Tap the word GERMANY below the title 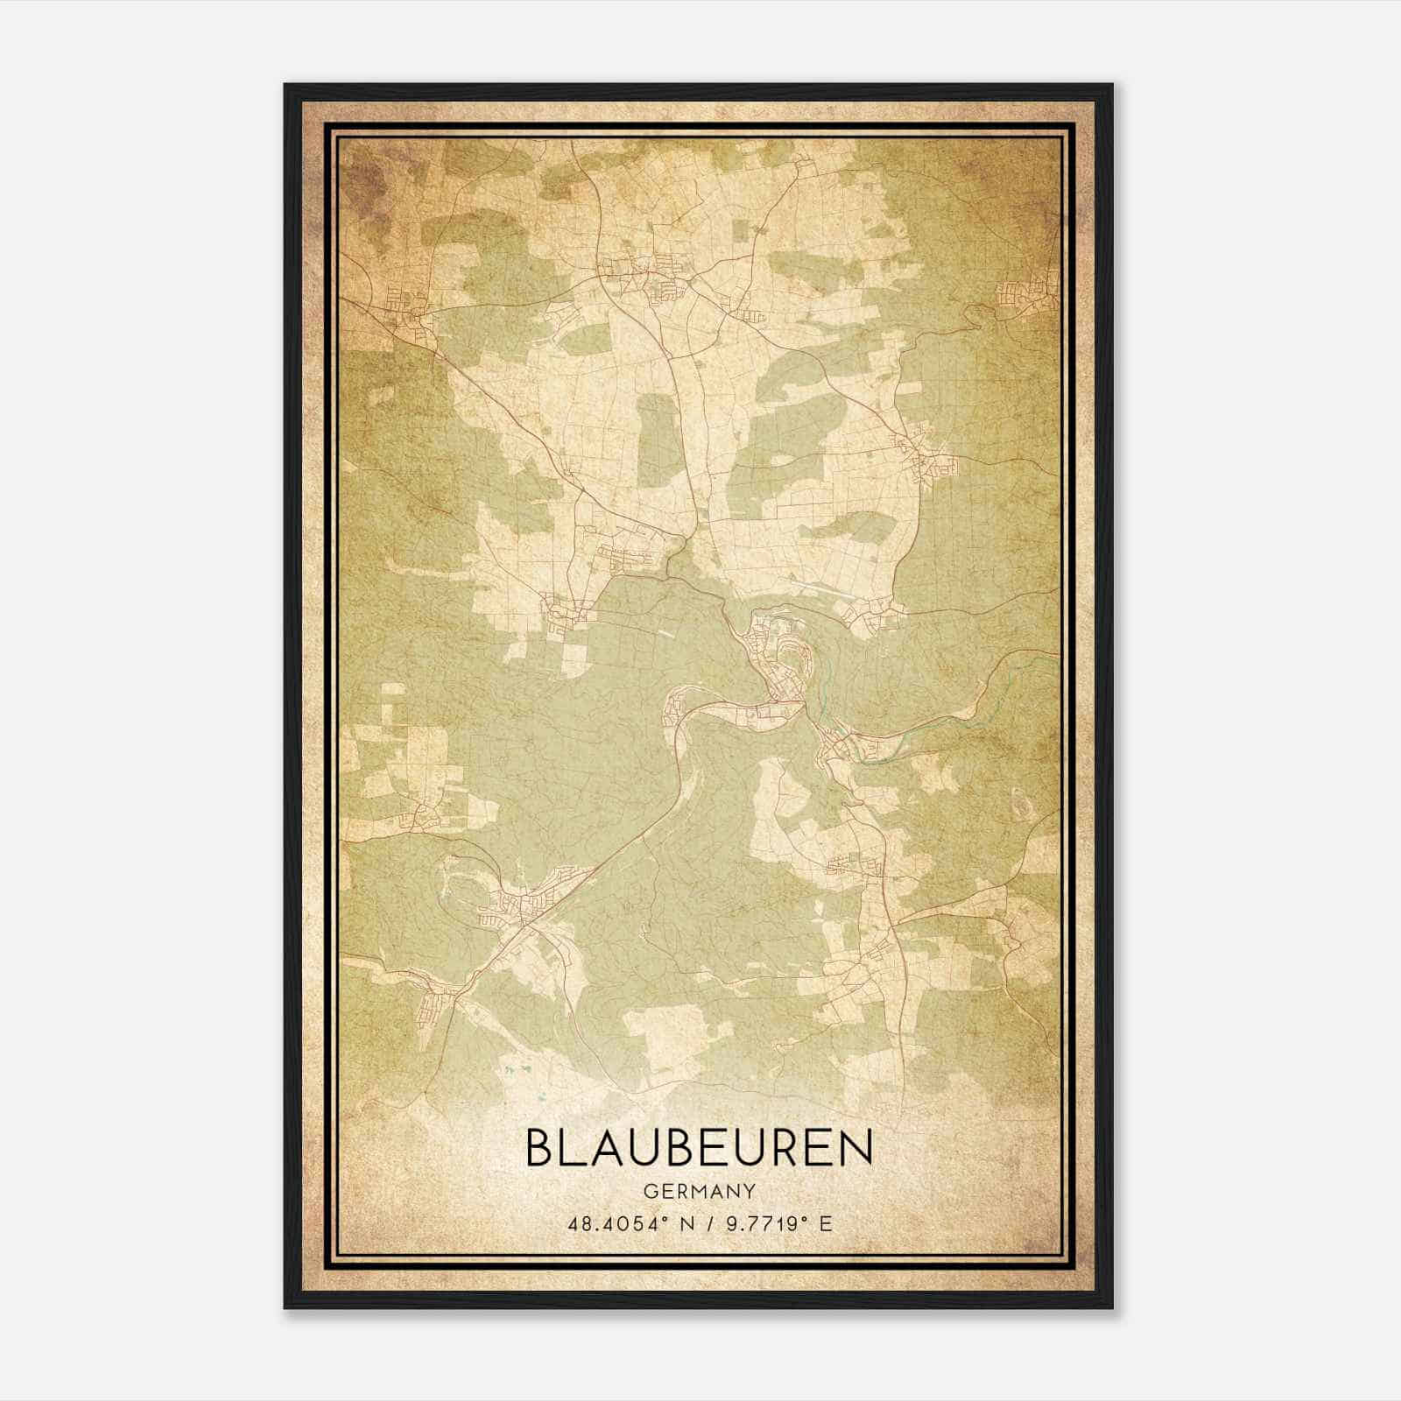tap(699, 1191)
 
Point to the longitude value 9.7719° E tap(774, 1222)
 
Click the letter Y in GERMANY tap(749, 1191)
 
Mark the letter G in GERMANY tap(649, 1191)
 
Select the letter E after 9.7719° tap(824, 1222)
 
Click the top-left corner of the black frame tap(286, 86)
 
